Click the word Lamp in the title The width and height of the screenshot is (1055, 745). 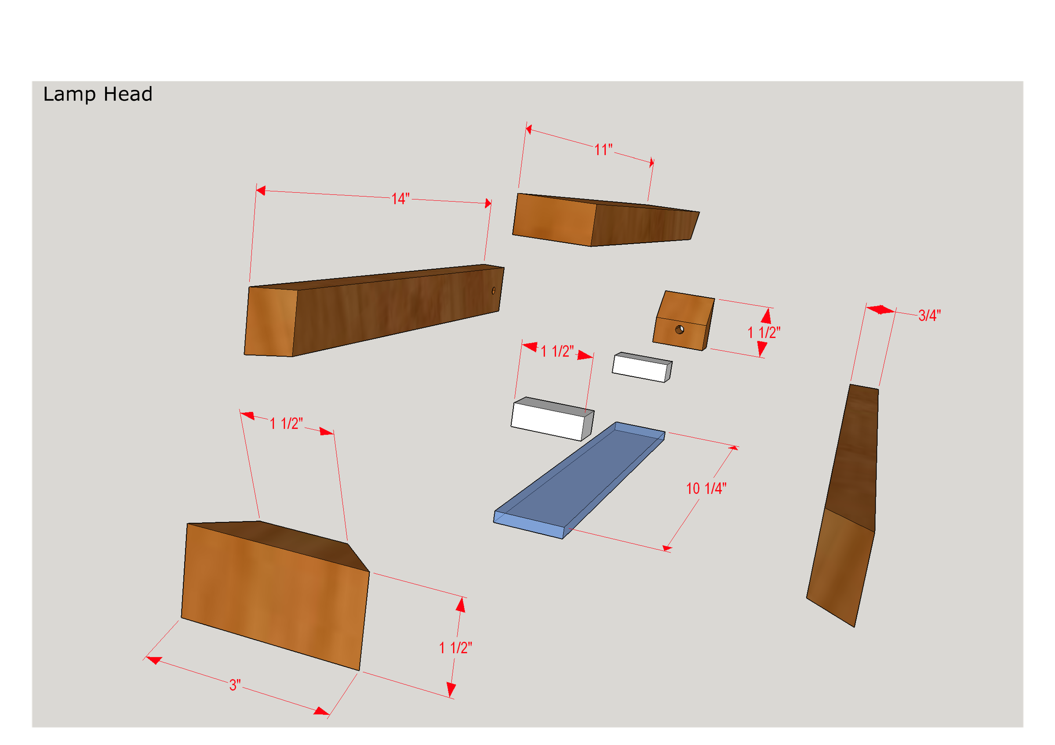click(69, 94)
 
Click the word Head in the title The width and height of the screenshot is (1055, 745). click(128, 94)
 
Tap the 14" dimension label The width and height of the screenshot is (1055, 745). click(400, 199)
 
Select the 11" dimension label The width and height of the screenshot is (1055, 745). click(603, 150)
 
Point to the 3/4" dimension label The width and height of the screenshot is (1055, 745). click(930, 315)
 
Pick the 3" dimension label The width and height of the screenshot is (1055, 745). click(235, 685)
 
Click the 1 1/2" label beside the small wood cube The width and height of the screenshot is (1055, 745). click(764, 332)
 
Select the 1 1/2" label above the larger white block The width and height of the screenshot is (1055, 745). click(557, 351)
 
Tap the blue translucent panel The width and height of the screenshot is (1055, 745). click(579, 480)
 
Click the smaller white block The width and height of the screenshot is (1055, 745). click(642, 367)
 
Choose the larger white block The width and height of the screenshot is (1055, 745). click(552, 419)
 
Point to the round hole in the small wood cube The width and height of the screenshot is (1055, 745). click(680, 330)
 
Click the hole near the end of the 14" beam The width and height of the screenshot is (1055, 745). click(494, 291)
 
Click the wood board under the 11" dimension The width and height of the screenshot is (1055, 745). click(606, 220)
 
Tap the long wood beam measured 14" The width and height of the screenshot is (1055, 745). click(374, 310)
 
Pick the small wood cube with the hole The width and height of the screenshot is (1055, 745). click(683, 320)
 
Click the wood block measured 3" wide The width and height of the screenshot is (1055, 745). click(275, 595)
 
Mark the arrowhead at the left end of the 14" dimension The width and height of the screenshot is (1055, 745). click(261, 190)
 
